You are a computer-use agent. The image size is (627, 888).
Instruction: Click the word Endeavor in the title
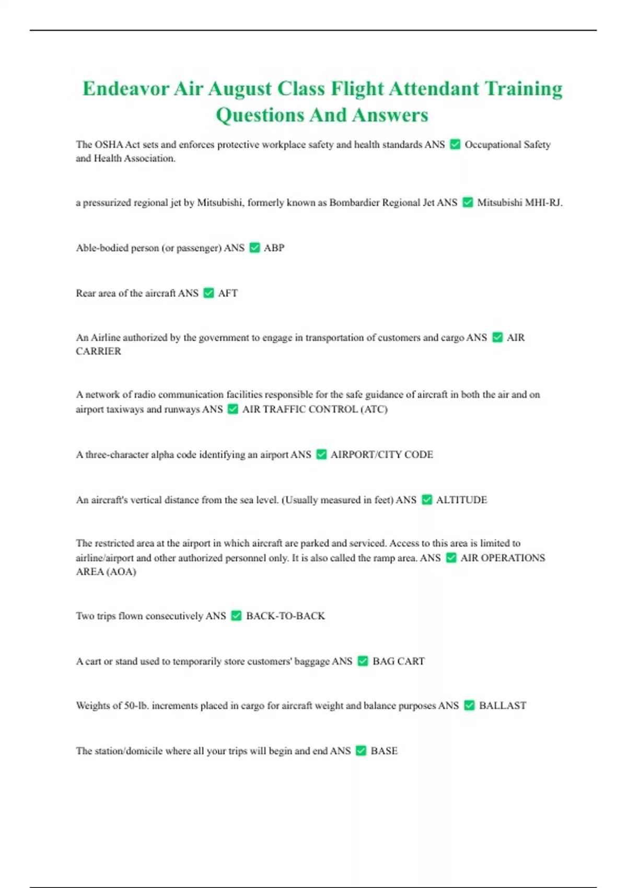(x=126, y=88)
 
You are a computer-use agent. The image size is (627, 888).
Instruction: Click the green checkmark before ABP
(x=254, y=248)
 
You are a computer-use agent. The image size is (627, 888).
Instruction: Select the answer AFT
(x=228, y=293)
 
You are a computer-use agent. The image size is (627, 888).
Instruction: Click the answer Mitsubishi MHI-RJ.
(x=519, y=203)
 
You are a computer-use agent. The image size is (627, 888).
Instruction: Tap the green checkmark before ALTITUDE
(x=427, y=500)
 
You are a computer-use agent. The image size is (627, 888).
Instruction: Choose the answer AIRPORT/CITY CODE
(x=381, y=454)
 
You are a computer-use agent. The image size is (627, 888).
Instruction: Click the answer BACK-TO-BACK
(x=285, y=616)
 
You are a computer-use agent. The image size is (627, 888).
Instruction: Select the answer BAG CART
(x=398, y=661)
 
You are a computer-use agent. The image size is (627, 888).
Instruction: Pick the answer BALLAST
(x=502, y=706)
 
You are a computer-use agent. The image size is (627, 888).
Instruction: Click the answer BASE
(x=384, y=751)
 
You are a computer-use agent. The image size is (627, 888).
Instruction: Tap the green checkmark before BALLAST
(x=469, y=706)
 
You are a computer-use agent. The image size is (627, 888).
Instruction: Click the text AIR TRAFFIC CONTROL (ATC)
(x=315, y=409)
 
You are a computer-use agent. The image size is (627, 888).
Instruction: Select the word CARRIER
(x=98, y=352)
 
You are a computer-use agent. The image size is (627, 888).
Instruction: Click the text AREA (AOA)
(x=106, y=571)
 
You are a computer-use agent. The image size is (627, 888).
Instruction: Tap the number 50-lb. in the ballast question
(x=136, y=706)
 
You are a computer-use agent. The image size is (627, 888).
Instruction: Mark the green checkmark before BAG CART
(x=363, y=661)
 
